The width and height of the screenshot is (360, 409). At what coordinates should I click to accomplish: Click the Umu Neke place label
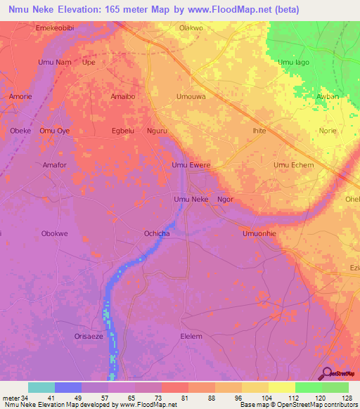pos(191,200)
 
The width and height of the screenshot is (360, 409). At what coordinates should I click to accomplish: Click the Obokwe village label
pos(55,233)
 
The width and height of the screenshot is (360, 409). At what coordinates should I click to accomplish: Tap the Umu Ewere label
pos(191,165)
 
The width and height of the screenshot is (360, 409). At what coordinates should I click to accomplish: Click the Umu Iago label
pos(294,63)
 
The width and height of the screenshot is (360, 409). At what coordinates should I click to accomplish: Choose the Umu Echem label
pos(294,165)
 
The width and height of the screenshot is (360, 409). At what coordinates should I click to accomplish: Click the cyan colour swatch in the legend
pos(41,387)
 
